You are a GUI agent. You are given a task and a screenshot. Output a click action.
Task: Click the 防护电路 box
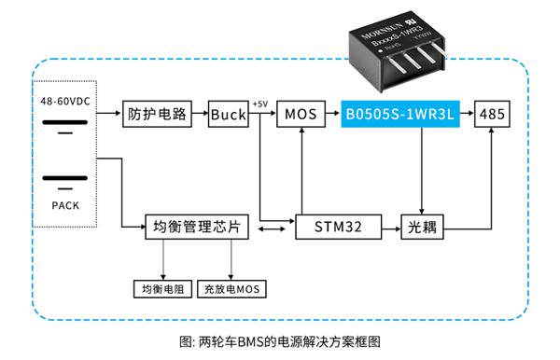point(156,114)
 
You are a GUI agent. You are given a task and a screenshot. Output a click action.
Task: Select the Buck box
point(228,114)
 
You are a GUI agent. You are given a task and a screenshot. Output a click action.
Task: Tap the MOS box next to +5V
point(299,114)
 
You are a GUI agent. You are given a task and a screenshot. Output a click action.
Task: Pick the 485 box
point(492,114)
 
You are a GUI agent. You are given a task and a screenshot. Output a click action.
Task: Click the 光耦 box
point(423,227)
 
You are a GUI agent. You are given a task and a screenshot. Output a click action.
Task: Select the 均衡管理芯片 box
point(196,227)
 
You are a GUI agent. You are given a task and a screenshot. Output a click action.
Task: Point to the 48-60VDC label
point(65,100)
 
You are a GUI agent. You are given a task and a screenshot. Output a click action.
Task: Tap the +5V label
point(260,104)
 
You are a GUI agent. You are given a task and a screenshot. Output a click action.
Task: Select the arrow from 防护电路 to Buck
point(198,114)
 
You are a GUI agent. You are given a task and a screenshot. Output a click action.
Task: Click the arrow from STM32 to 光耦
point(390,227)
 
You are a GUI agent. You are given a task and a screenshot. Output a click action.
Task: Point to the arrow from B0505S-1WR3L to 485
point(467,114)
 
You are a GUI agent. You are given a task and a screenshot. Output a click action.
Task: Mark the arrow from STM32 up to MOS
point(299,168)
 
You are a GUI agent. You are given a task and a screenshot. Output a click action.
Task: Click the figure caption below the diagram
point(280,341)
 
